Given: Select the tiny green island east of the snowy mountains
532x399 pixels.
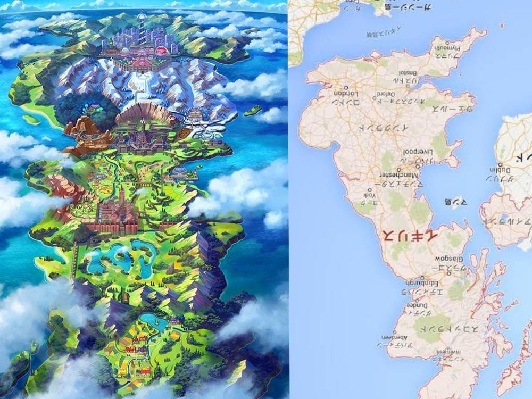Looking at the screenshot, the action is tap(253, 110).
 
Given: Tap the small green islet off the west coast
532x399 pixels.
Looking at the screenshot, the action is tap(31, 119).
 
